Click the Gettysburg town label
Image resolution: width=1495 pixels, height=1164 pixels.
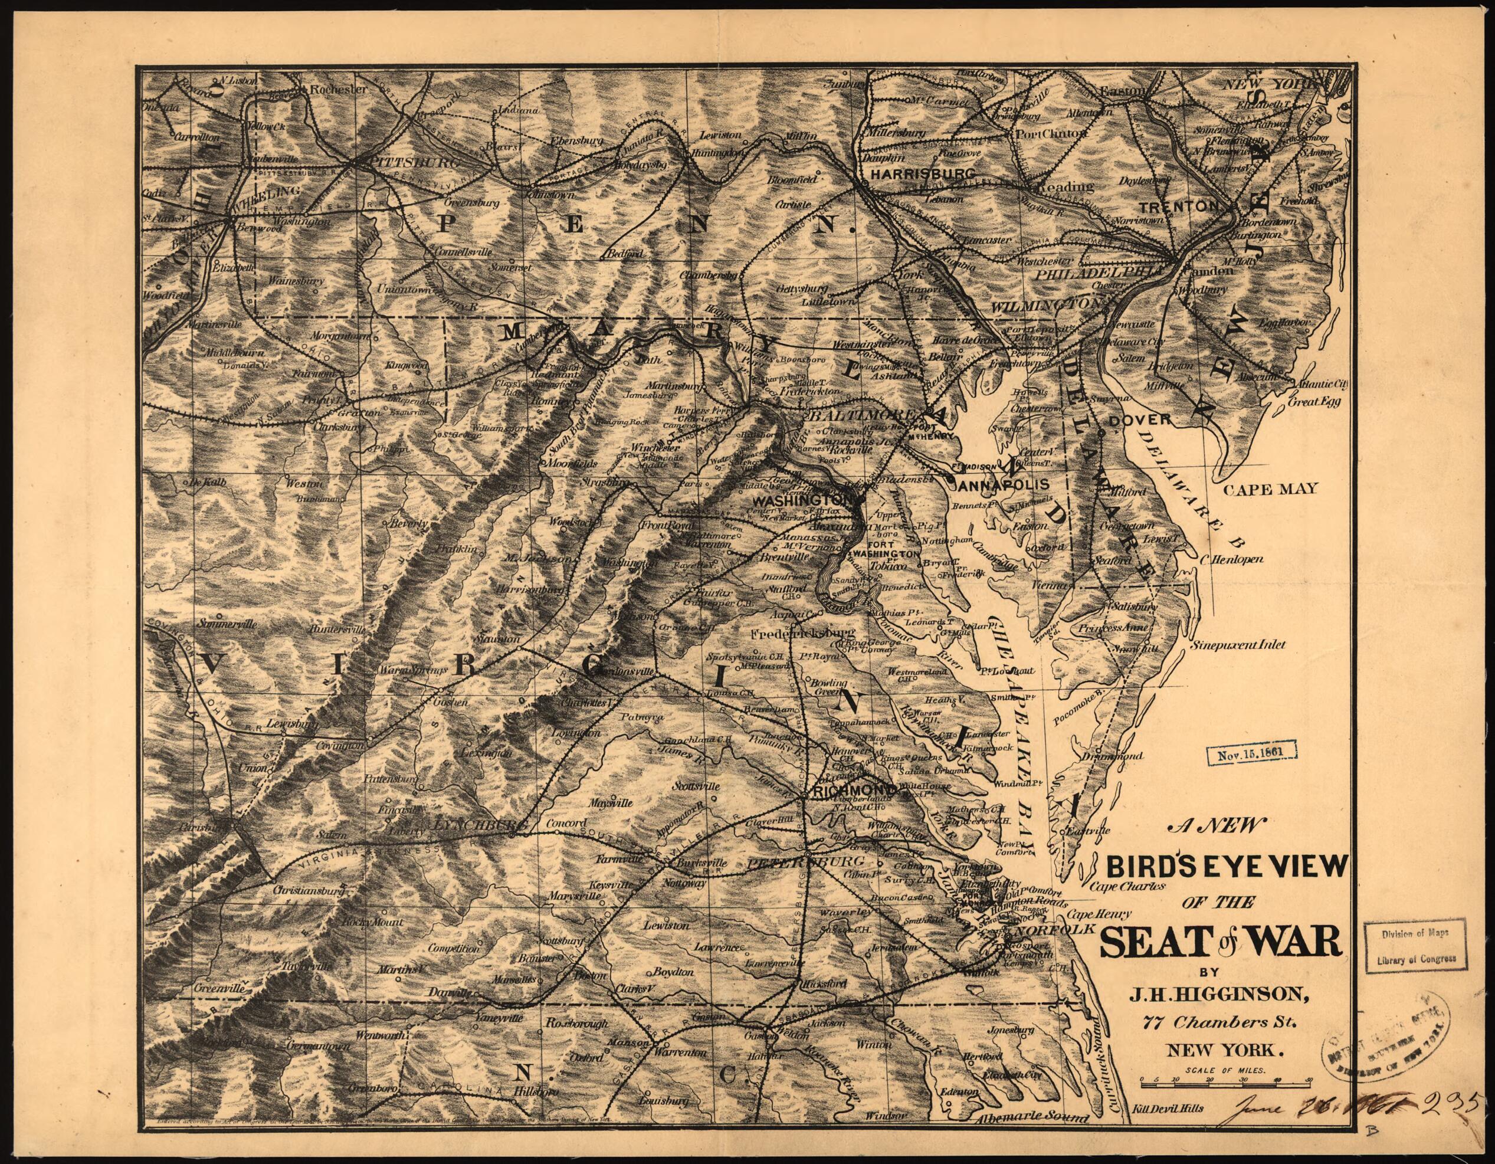click(802, 288)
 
